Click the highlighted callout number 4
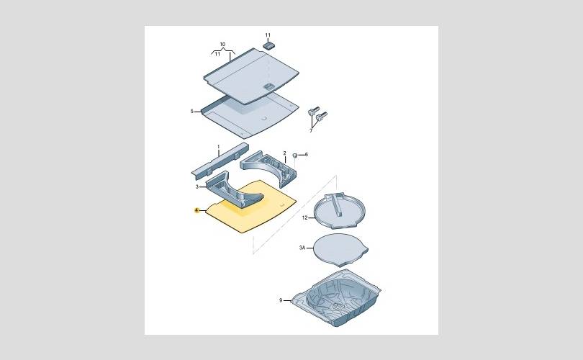[196, 210]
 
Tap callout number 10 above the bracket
[222, 44]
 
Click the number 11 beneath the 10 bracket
[217, 54]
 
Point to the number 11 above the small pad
[268, 35]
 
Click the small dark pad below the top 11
[268, 46]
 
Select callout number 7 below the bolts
[311, 130]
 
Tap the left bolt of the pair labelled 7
[313, 111]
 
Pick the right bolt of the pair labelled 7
[322, 117]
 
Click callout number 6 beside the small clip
[307, 154]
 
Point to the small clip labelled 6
[295, 155]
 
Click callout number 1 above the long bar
[219, 147]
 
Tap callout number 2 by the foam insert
[284, 153]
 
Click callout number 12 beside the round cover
[305, 217]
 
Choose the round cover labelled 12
[340, 210]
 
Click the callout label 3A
[302, 247]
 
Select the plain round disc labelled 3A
[340, 249]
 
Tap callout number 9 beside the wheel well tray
[281, 300]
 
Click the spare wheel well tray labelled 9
[335, 298]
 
